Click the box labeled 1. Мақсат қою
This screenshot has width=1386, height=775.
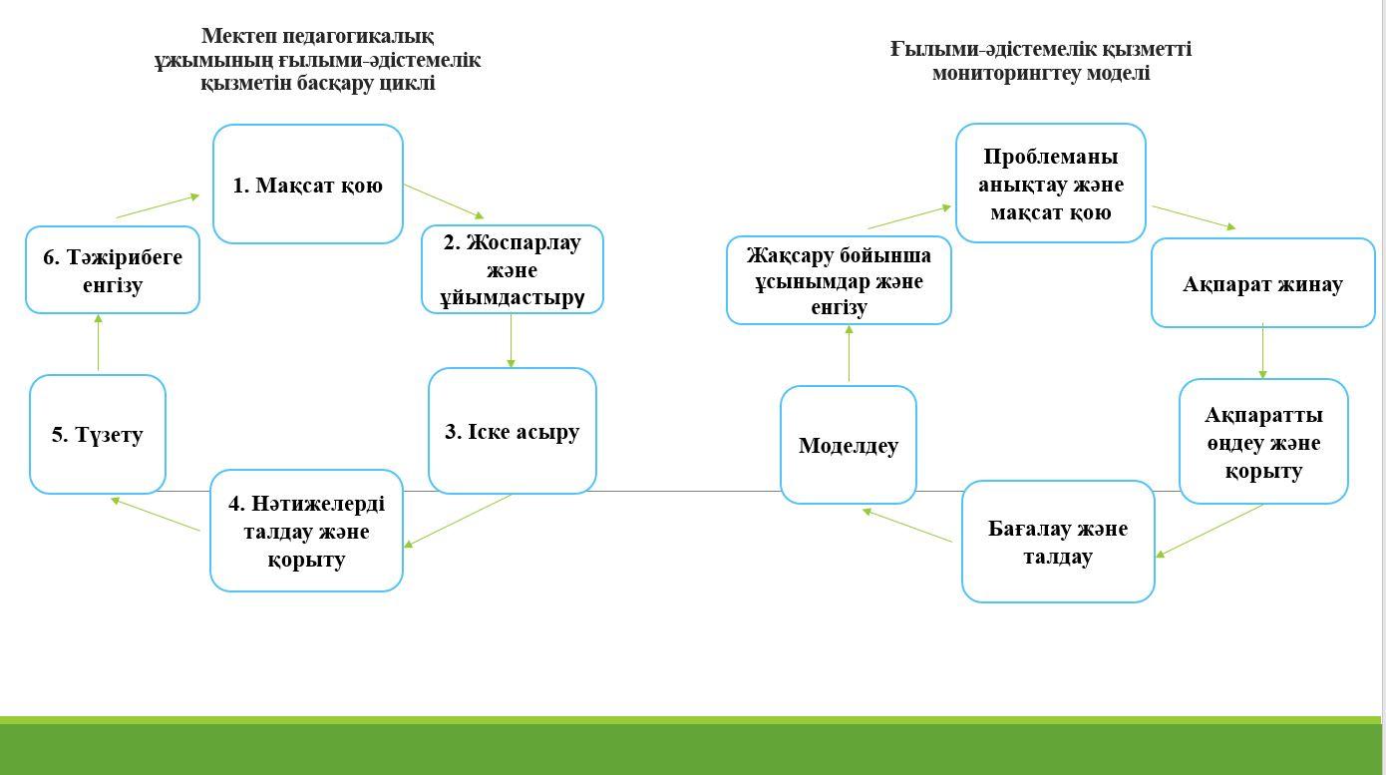coord(307,184)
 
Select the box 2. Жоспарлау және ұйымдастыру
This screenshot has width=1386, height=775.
coord(512,269)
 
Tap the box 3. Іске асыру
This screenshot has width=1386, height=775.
coord(512,431)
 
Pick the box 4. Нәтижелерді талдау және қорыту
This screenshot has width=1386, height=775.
coord(306,531)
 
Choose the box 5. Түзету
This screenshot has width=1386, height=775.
coord(97,434)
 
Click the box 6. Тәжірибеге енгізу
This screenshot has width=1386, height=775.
coord(113,270)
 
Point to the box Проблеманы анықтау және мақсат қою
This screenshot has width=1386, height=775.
coord(1050,184)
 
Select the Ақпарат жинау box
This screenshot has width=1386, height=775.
coord(1262,283)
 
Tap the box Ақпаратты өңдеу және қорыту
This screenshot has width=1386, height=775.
coord(1263,442)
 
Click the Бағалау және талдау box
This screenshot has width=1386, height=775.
coord(1057,542)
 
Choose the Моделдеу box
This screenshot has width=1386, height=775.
coord(848,445)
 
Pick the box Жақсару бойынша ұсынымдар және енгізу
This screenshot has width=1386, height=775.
coord(839,280)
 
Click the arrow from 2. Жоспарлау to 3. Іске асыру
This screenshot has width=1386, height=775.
coord(511,341)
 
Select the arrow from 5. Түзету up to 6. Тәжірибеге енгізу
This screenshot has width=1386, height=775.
coord(98,343)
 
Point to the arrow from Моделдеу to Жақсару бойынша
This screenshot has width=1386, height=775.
coord(849,353)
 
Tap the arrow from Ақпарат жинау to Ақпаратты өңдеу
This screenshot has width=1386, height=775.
coord(1262,351)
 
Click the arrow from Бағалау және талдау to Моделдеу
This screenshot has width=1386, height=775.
coord(906,526)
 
